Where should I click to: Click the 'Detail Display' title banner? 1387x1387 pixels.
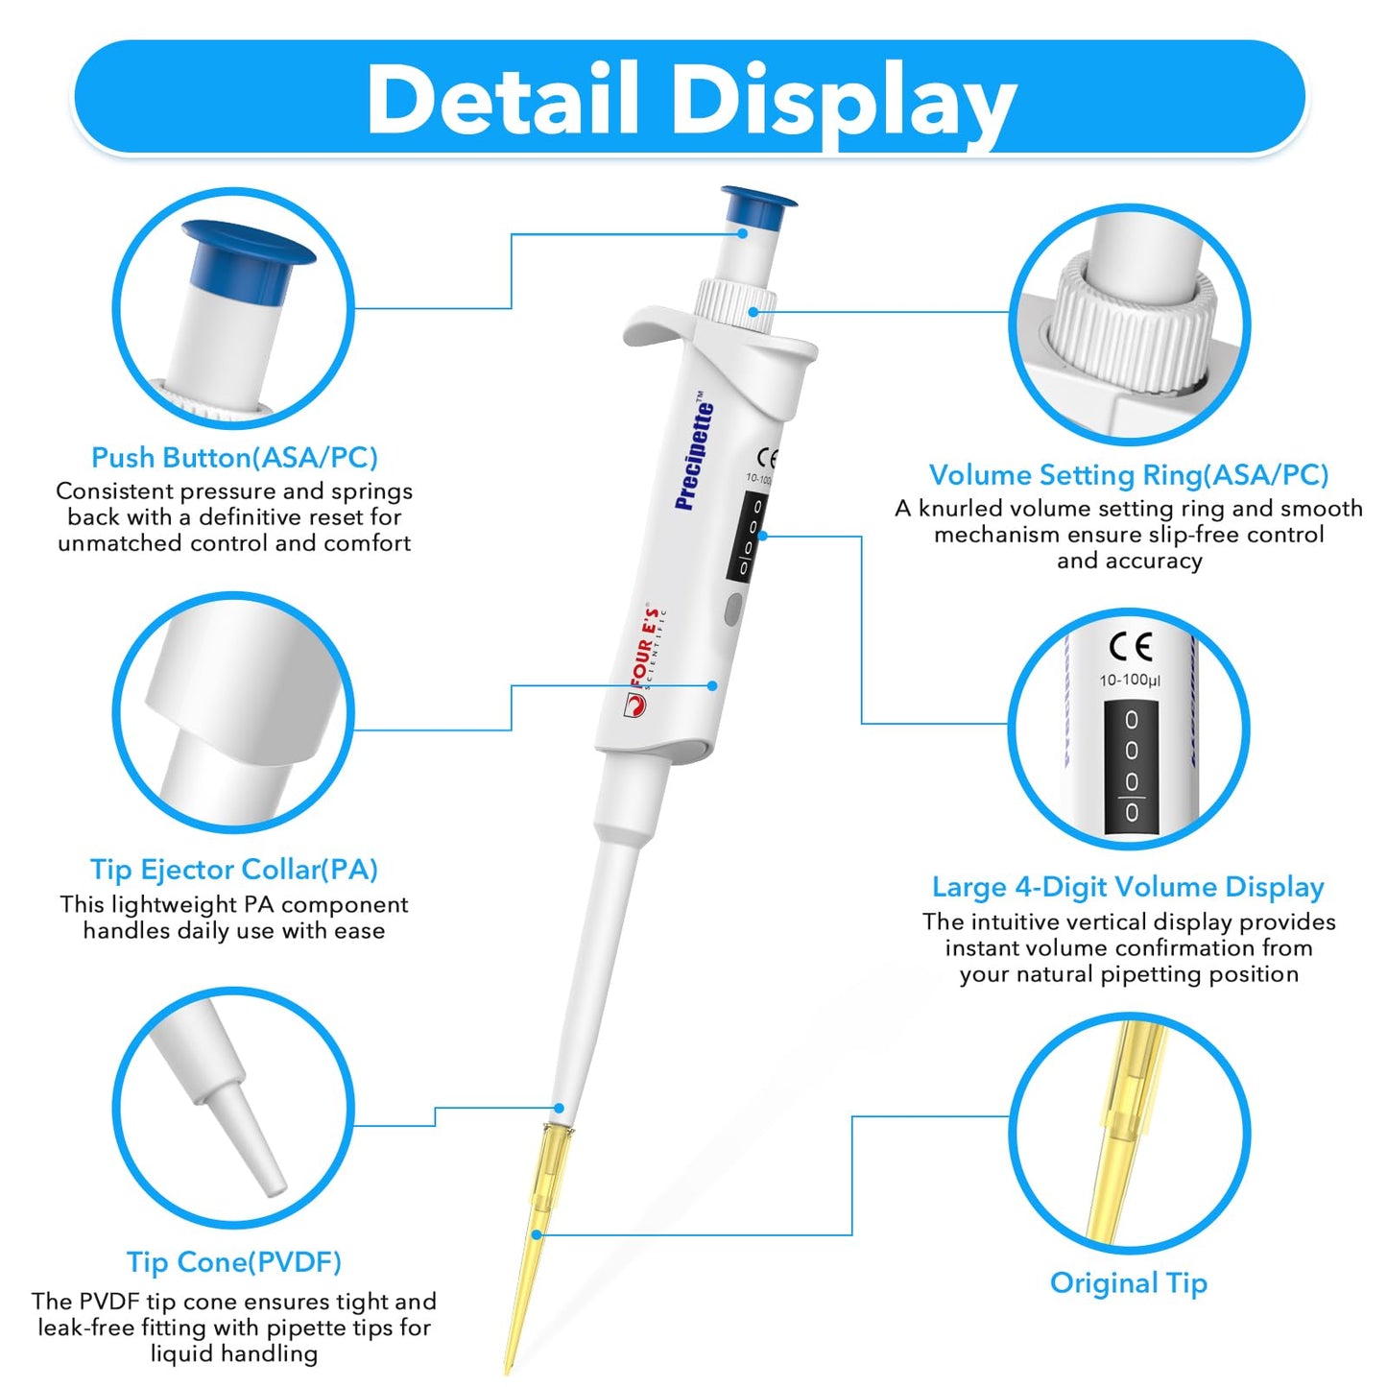tap(691, 98)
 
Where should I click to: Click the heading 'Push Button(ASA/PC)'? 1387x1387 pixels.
tap(234, 458)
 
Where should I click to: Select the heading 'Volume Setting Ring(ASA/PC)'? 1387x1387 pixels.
tap(1129, 475)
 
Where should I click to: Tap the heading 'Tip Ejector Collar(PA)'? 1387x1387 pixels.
tap(234, 870)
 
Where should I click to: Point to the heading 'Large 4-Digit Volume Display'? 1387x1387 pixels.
tap(1129, 887)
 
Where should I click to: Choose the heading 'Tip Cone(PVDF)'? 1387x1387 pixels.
tap(234, 1262)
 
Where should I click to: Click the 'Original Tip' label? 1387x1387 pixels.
tap(1129, 1283)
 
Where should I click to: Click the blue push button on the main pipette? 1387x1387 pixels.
tap(757, 205)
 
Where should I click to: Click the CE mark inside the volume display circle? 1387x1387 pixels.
tap(1131, 647)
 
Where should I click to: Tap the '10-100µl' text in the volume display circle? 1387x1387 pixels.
tap(1130, 681)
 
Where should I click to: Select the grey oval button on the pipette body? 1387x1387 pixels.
tap(733, 610)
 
